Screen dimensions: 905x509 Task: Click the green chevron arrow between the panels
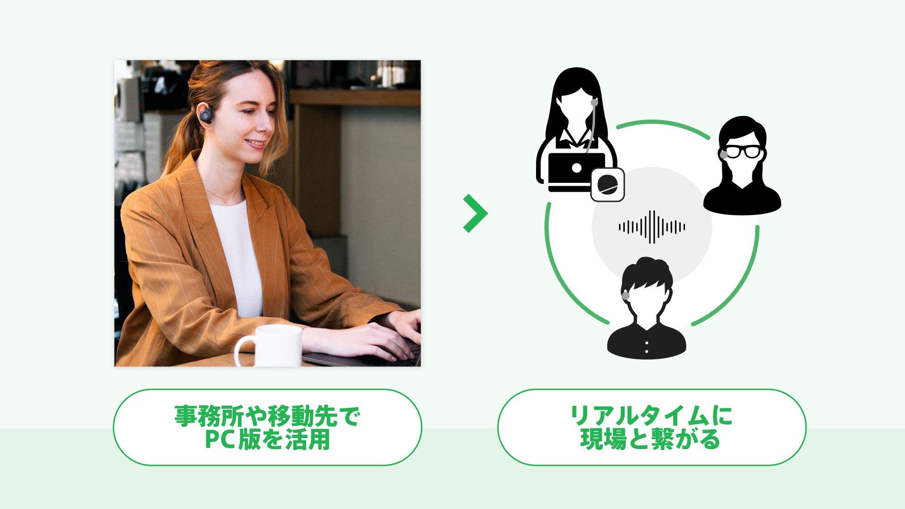475,213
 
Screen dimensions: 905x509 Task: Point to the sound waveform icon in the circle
652,227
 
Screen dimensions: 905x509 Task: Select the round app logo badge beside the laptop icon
607,185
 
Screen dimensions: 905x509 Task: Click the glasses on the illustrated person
743,151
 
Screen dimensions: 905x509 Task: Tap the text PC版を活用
267,439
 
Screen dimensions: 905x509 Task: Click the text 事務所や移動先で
267,416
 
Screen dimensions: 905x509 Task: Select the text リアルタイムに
651,416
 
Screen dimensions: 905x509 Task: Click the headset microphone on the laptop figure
594,103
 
